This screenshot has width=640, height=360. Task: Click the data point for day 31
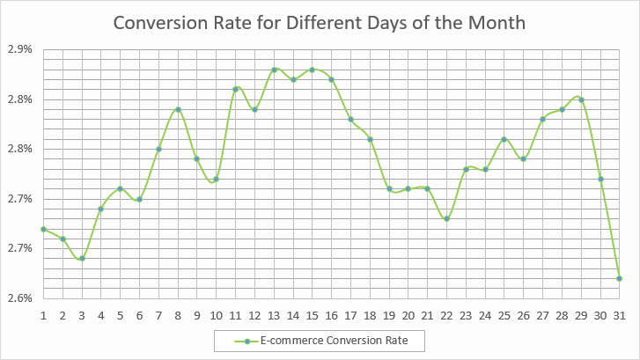(620, 278)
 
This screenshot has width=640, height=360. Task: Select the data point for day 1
(43, 229)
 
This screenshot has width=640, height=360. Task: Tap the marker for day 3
(82, 259)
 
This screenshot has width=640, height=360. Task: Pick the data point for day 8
(178, 109)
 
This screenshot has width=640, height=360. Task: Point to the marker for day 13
(274, 70)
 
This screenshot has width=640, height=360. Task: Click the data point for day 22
(447, 218)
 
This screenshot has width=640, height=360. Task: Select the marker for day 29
(581, 99)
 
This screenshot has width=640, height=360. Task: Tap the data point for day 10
(217, 179)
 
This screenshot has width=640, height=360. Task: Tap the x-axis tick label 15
(313, 313)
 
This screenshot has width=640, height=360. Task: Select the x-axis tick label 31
(620, 313)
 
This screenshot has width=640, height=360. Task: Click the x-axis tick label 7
(158, 313)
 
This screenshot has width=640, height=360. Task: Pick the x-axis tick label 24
(485, 313)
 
